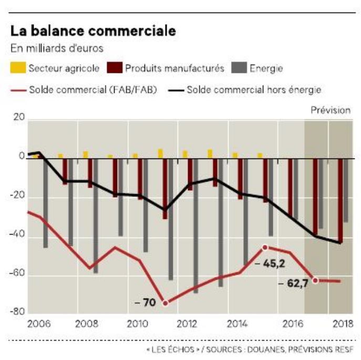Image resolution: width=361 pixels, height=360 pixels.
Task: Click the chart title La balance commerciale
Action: [x=93, y=30]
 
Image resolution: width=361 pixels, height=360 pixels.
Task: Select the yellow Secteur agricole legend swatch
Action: [x=17, y=68]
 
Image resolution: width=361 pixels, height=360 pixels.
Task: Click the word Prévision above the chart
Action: [x=330, y=110]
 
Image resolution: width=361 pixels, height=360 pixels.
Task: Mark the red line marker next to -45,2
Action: [x=265, y=247]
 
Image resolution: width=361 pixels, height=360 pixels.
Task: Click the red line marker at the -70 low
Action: [x=165, y=303]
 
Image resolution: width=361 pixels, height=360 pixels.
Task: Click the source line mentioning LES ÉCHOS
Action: [x=249, y=348]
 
